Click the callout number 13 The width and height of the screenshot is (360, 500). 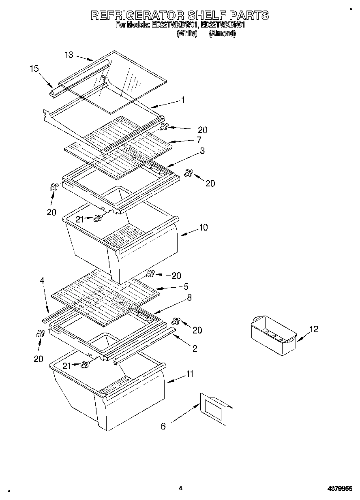tap(69, 55)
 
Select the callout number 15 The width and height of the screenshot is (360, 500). tap(34, 69)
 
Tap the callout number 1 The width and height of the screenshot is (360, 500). tap(183, 100)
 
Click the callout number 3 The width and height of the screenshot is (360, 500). tap(202, 151)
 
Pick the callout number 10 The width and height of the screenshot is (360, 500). tap(203, 227)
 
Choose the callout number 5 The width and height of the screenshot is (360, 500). tap(186, 286)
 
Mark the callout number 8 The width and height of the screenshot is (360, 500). tap(189, 297)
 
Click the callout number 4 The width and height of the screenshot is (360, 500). tap(42, 280)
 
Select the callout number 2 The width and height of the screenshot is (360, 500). tap(195, 348)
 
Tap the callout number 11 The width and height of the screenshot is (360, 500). tap(190, 374)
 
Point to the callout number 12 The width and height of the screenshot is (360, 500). tap(313, 329)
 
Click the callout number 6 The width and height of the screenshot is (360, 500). tap(163, 426)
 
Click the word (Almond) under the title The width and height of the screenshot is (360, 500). tap(222, 34)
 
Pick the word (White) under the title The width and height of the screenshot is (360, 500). tap(186, 34)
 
